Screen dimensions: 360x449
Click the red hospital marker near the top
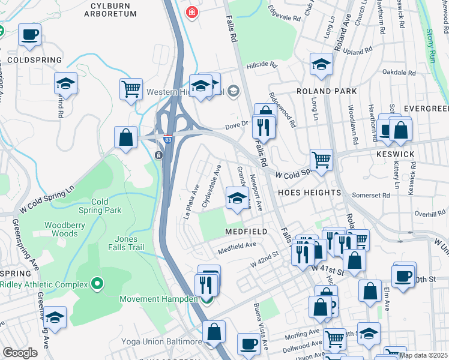point(191,12)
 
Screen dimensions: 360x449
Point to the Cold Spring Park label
point(100,206)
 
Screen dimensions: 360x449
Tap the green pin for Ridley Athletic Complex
point(97,283)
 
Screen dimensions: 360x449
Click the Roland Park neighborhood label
point(327,91)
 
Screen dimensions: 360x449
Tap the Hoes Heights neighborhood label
point(309,193)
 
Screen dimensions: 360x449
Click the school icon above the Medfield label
point(237,197)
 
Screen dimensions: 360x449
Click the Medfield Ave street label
point(237,244)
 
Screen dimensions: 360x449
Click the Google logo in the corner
point(20,352)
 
